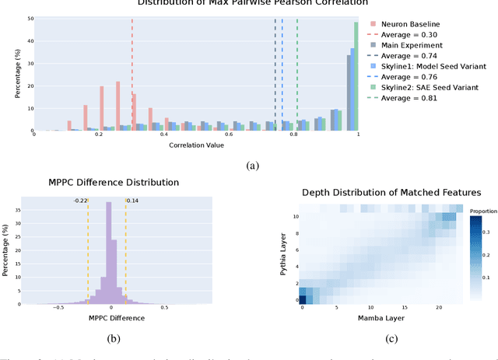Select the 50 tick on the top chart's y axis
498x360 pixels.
pyautogui.click(x=30, y=18)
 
